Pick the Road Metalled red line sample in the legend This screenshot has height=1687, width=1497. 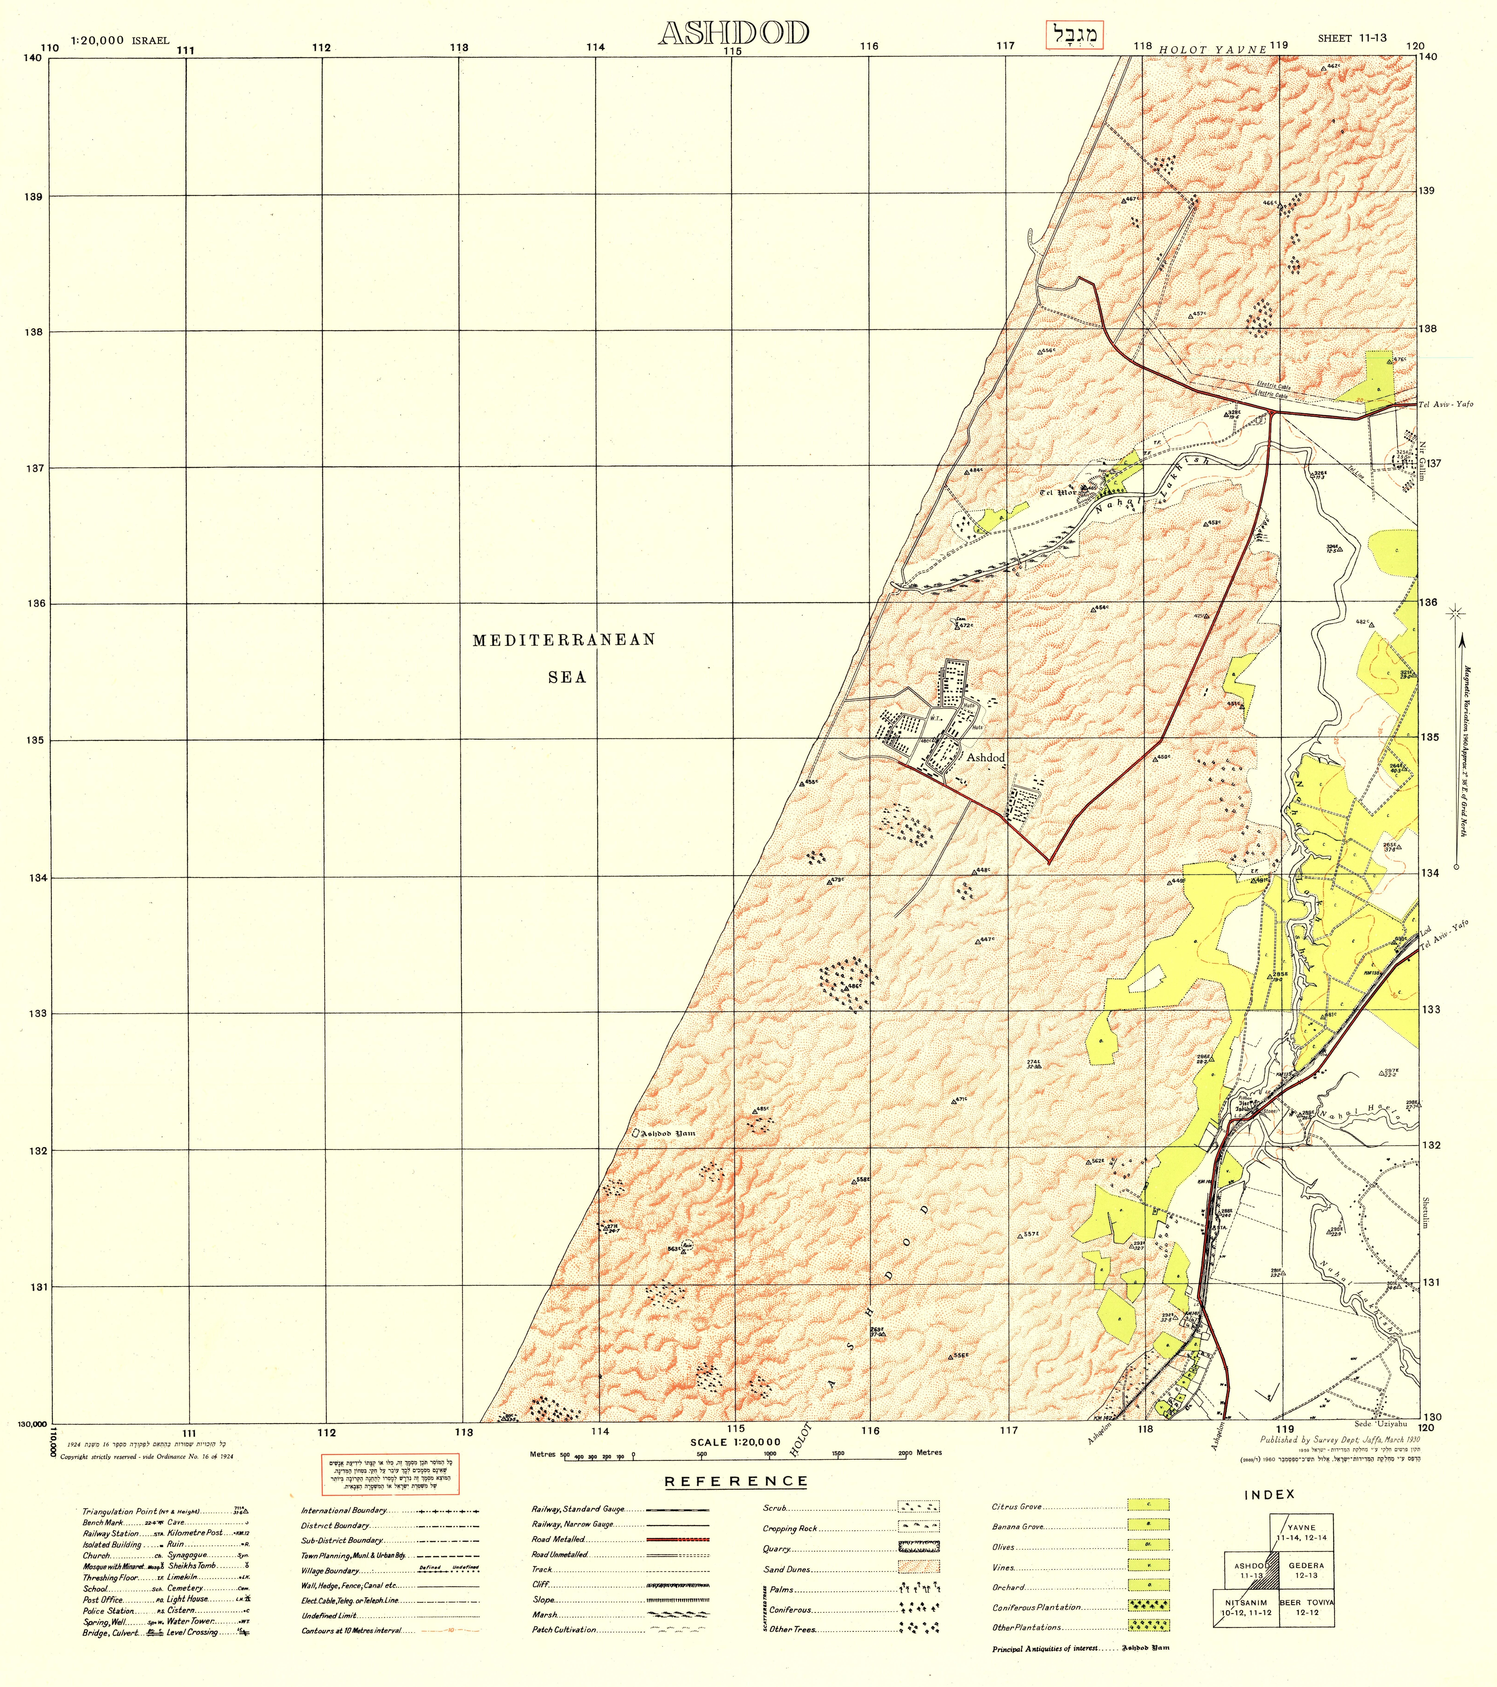click(677, 1539)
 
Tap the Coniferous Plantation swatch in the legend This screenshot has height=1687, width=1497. click(1148, 1607)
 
